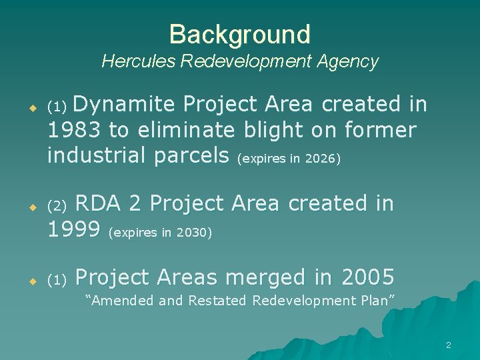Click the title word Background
point(239,34)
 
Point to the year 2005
point(367,277)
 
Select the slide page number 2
point(448,345)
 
